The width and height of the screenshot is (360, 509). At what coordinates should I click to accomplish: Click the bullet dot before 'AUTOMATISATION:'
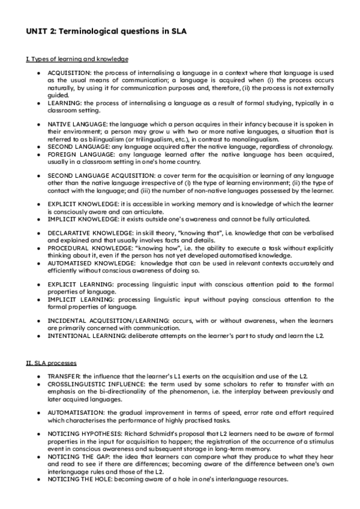(38, 412)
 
